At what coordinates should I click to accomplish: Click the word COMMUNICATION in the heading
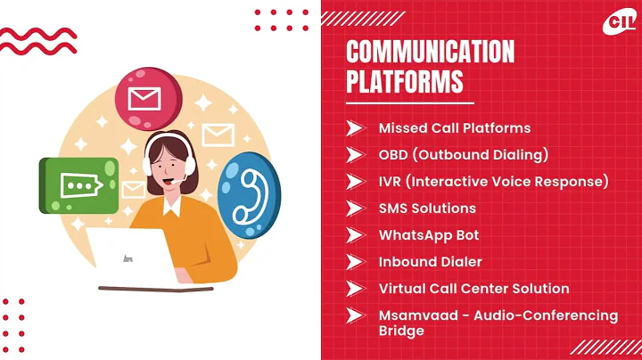430,52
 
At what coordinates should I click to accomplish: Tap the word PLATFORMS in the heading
405,81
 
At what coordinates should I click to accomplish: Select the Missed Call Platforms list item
454,128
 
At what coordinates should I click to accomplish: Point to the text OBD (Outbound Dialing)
462,155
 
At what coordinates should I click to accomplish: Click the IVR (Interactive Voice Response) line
493,182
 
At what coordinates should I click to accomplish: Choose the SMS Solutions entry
427,209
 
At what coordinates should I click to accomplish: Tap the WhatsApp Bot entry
428,235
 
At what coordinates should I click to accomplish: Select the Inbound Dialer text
430,262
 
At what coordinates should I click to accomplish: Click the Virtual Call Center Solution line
473,289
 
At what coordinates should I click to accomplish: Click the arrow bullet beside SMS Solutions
355,209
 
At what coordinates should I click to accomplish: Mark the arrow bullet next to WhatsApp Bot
355,235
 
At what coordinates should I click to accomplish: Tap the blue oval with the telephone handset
249,194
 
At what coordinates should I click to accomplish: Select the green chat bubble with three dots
78,185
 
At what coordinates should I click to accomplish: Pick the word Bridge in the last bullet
401,331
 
